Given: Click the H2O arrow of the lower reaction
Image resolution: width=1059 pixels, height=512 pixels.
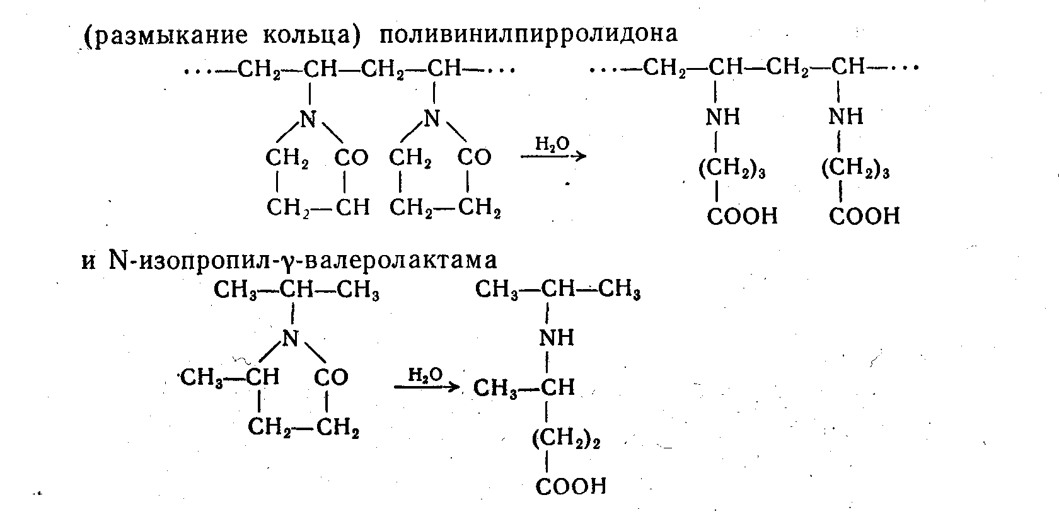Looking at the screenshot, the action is click(427, 383).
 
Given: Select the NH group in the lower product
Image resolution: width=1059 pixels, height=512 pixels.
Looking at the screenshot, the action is click(556, 338).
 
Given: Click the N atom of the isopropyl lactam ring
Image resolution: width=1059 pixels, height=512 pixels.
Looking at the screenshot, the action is click(290, 338).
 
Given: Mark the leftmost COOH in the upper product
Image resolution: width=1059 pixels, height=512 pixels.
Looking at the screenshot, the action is click(742, 216).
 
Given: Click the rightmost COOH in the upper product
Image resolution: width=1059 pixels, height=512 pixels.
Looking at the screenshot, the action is click(864, 216).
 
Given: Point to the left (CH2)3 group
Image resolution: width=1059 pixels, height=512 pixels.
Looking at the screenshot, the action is click(731, 169).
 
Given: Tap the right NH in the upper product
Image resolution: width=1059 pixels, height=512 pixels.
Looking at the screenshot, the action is click(846, 117).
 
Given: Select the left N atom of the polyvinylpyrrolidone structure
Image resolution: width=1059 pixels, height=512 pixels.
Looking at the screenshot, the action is click(308, 118).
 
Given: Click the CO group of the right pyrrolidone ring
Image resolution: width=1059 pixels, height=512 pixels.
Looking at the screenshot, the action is click(474, 157).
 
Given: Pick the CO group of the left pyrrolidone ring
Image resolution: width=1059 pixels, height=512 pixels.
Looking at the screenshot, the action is click(351, 157).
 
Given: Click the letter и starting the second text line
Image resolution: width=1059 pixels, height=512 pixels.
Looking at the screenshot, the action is click(88, 260).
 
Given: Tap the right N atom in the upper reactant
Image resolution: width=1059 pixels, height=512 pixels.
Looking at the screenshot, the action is click(431, 118).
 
